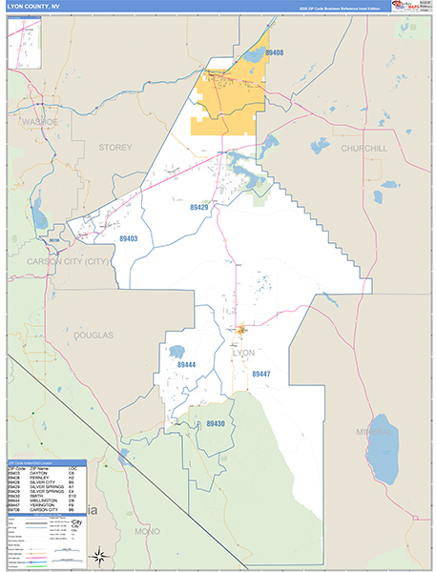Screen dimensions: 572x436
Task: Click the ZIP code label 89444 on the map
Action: click(x=186, y=364)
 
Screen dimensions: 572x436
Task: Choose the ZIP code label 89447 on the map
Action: click(x=262, y=374)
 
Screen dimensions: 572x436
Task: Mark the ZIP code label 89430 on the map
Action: click(x=216, y=423)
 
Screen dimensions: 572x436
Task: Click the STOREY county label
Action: click(x=114, y=147)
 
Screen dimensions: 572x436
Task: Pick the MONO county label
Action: click(x=148, y=530)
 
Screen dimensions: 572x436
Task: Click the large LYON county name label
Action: click(x=243, y=353)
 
